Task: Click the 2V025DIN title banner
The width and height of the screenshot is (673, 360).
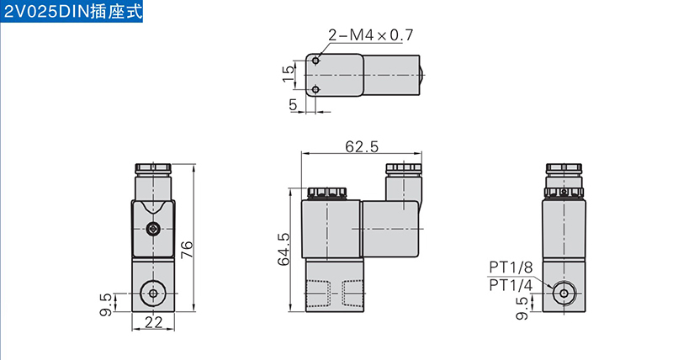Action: [x=72, y=11]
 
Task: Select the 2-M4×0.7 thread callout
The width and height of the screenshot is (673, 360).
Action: [x=371, y=34]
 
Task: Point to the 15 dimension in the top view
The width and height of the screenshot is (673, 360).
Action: [x=289, y=74]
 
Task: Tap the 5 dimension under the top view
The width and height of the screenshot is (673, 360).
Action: [x=293, y=104]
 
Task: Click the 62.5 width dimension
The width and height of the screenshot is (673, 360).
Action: [x=362, y=146]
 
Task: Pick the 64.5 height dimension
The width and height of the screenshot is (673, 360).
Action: [x=284, y=249]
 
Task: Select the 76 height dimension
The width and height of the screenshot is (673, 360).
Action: [x=187, y=250]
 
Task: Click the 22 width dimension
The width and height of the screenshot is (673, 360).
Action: [x=153, y=322]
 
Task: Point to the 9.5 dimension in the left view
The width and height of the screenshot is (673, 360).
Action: [x=106, y=304]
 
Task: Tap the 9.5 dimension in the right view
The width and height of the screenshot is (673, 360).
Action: [x=522, y=309]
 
